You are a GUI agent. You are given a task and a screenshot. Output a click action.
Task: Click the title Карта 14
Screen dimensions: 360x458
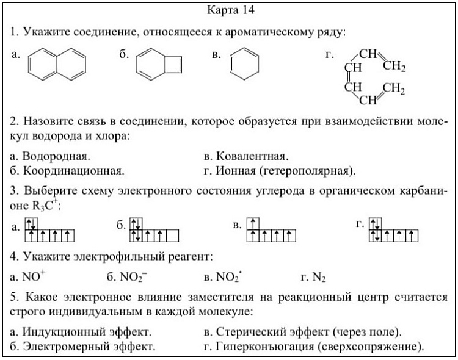(x=227, y=10)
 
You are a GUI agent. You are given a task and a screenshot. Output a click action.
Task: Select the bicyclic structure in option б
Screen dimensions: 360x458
(x=158, y=64)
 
